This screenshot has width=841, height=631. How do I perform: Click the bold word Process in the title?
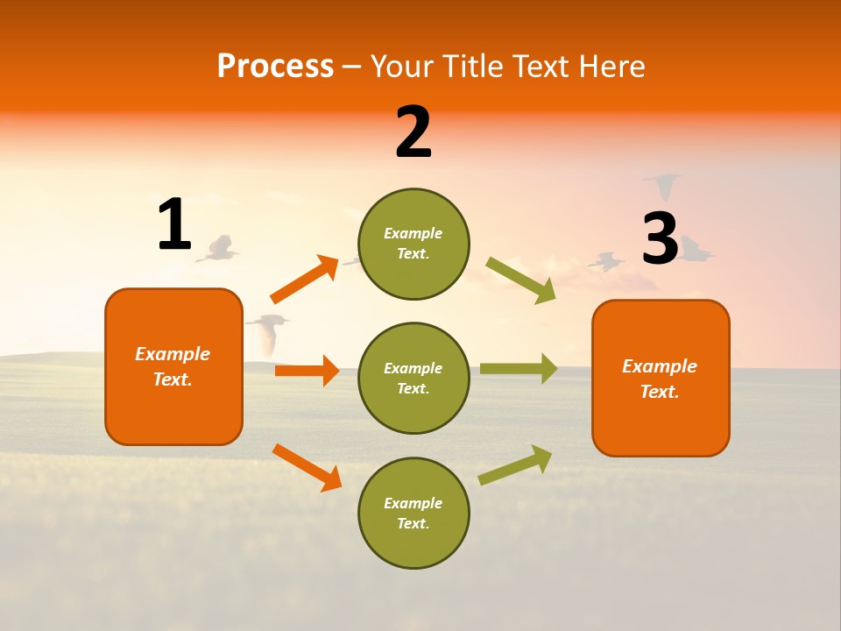[x=275, y=66]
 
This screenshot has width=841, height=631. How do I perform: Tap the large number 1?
[x=174, y=224]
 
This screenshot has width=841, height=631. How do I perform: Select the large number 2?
[x=413, y=132]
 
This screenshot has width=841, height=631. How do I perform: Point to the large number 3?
[x=660, y=238]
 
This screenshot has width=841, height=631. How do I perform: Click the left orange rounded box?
[x=173, y=366]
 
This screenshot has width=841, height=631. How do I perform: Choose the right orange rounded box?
[x=661, y=378]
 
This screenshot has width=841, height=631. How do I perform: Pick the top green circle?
[x=413, y=244]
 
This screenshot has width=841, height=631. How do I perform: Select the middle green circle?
[x=413, y=378]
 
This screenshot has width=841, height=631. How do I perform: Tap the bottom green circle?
[x=413, y=513]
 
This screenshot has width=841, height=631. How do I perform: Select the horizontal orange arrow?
[x=307, y=371]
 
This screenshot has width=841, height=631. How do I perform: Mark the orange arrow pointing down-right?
[x=307, y=468]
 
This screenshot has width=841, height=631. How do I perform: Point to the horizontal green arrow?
[x=519, y=368]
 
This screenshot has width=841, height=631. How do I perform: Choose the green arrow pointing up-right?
[x=515, y=464]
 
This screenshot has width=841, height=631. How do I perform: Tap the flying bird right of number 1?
[x=219, y=249]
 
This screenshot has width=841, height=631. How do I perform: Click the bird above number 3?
[x=663, y=184]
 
